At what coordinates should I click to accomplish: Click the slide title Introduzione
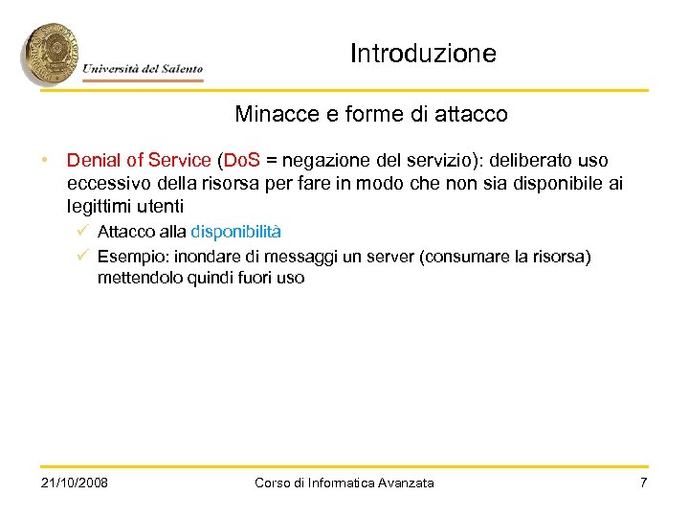423,54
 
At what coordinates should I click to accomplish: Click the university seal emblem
50,55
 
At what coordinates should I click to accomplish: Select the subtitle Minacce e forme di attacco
371,115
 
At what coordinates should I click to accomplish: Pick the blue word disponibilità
236,232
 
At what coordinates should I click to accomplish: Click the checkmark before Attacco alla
85,232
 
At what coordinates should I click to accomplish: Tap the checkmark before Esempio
85,256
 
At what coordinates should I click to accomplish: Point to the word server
392,256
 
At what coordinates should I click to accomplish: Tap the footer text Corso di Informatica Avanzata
344,483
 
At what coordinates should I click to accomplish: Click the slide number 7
643,483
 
